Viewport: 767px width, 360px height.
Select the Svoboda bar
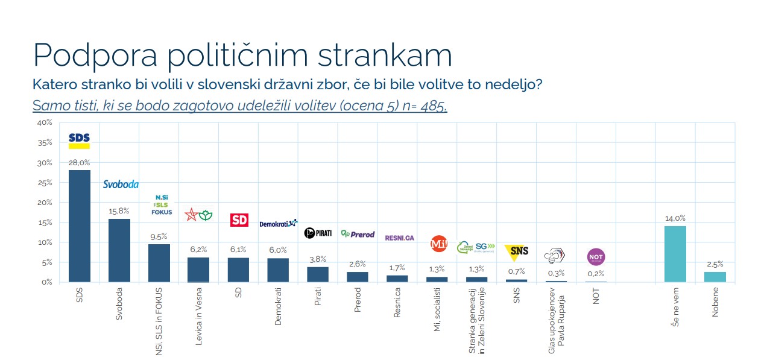tap(119, 250)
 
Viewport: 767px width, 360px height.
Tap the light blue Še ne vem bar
tap(675, 254)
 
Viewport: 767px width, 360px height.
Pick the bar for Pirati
tap(318, 274)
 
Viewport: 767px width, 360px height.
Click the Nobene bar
tap(715, 277)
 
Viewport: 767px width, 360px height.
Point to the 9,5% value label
tap(159, 237)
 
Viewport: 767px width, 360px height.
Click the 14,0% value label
tap(675, 219)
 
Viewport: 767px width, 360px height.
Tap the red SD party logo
tap(239, 220)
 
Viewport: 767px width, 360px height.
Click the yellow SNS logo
tap(516, 250)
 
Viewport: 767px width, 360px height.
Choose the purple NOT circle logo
tap(596, 257)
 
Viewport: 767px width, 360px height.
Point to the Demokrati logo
tap(278, 224)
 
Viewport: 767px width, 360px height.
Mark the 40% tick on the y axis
tap(45, 123)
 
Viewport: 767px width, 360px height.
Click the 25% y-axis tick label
tap(45, 183)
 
